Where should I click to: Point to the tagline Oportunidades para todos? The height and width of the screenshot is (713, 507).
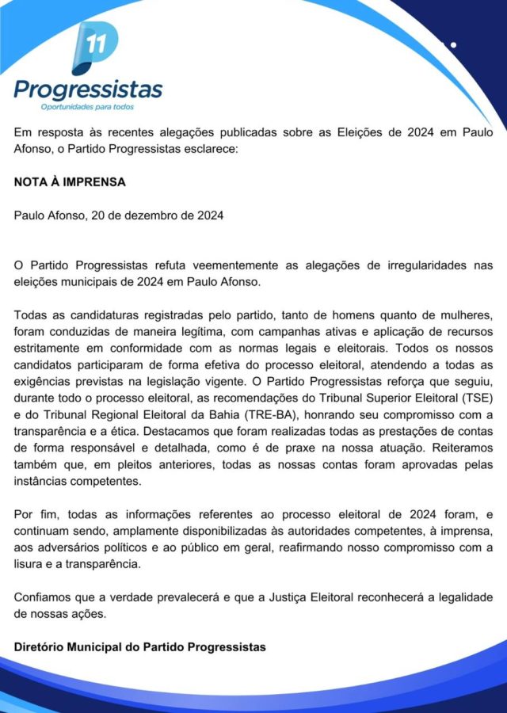click(x=87, y=106)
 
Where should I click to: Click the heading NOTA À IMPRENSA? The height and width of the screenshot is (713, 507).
click(x=70, y=181)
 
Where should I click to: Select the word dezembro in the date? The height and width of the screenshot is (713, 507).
click(x=153, y=215)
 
